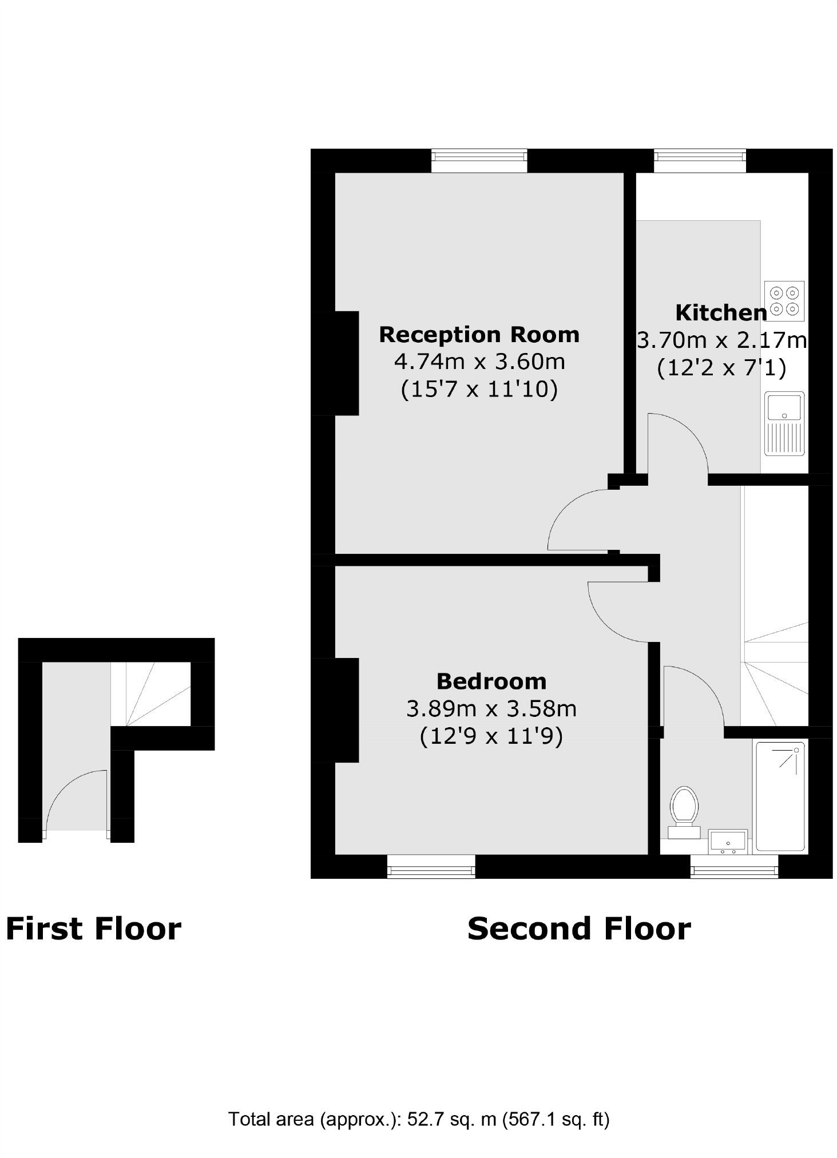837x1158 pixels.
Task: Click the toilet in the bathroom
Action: pyautogui.click(x=684, y=810)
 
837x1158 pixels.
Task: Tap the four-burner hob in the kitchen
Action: pyautogui.click(x=784, y=300)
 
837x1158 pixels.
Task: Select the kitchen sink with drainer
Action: pyautogui.click(x=784, y=423)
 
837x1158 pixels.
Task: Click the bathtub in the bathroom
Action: pyautogui.click(x=782, y=796)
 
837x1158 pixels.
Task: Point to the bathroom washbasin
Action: pyautogui.click(x=727, y=842)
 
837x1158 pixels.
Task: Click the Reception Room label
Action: pyautogui.click(x=479, y=334)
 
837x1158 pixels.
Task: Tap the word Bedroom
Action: pyautogui.click(x=491, y=681)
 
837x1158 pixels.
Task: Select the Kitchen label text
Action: pyautogui.click(x=720, y=312)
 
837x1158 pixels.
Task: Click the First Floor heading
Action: pyautogui.click(x=93, y=929)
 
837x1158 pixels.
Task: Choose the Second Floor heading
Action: pyautogui.click(x=578, y=929)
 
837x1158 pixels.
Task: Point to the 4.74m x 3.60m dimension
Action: pyautogui.click(x=479, y=362)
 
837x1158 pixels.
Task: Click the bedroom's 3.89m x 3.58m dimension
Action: pyautogui.click(x=491, y=708)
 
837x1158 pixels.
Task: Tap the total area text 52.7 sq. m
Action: pyautogui.click(x=451, y=1118)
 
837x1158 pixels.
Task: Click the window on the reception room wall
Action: pyautogui.click(x=478, y=160)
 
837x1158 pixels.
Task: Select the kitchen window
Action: pyautogui.click(x=700, y=160)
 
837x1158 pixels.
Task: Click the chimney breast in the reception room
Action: pyautogui.click(x=346, y=363)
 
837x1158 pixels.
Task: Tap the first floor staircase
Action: pyautogui.click(x=151, y=693)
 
